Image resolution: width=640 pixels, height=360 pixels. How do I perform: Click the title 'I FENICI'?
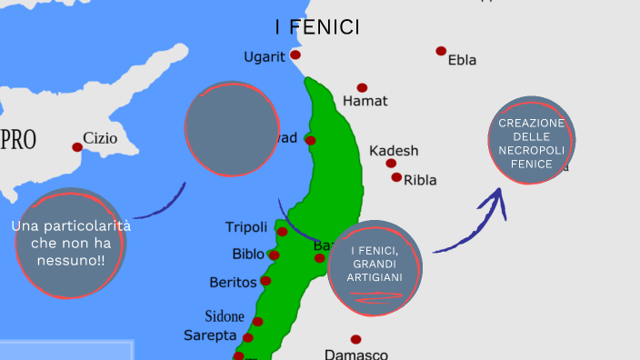tap(317, 28)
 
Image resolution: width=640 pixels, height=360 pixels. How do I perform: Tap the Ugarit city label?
tap(264, 57)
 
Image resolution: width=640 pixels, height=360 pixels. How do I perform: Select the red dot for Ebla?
tap(441, 51)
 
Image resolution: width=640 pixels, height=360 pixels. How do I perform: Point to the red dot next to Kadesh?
tap(391, 164)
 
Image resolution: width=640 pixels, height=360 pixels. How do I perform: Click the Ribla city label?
tap(420, 179)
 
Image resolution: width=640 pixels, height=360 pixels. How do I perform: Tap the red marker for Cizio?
tap(77, 146)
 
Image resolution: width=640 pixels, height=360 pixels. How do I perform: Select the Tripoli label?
tap(246, 227)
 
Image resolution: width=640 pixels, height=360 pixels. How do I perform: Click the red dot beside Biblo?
tap(274, 255)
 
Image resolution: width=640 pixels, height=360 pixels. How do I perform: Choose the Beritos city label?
tap(233, 283)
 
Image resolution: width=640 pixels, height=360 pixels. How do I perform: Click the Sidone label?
tap(224, 316)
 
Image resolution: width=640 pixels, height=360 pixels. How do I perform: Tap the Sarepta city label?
tap(210, 335)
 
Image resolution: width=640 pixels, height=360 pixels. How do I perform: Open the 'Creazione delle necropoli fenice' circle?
tap(532, 141)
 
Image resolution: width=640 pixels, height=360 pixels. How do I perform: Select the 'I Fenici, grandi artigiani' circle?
tap(375, 268)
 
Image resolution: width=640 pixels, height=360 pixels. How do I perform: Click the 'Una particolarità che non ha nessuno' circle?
tap(70, 244)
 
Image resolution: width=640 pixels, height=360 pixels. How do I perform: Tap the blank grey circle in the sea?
tap(232, 129)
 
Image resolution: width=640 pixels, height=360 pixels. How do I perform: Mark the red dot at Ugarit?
tap(295, 55)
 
